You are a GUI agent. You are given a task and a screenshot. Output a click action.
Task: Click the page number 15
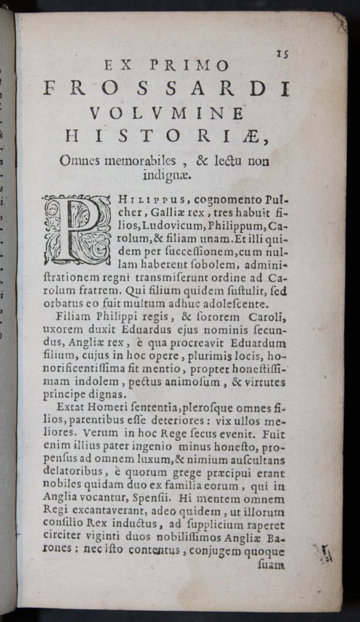tap(282, 53)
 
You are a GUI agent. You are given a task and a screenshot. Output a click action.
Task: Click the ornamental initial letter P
tap(77, 230)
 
